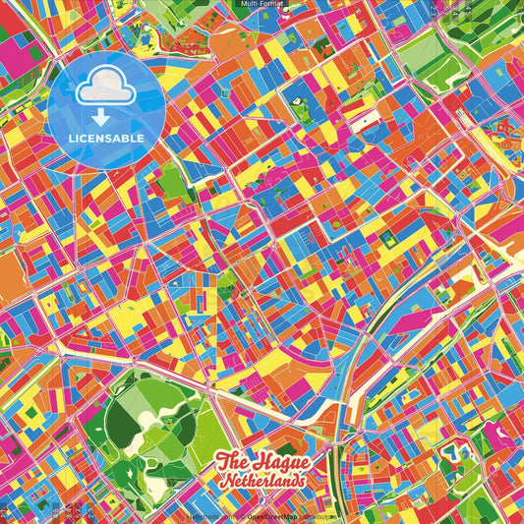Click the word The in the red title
tap(232, 460)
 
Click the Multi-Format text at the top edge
tap(262, 4)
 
